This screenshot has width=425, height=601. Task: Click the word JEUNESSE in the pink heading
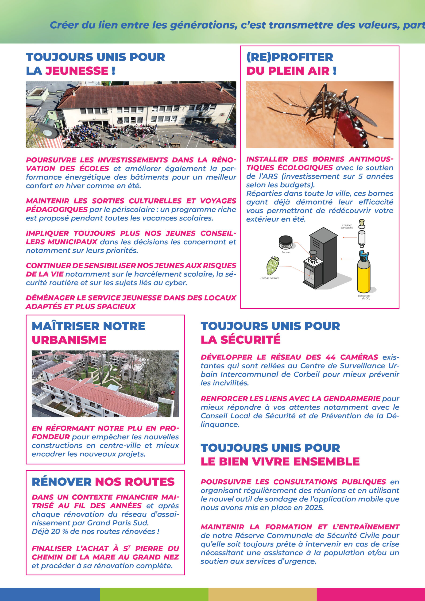tap(77, 71)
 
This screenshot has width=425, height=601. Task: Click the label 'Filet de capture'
tap(270, 278)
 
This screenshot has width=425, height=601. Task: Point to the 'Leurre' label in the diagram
tap(286, 252)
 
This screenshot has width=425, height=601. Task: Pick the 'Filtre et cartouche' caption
tap(347, 226)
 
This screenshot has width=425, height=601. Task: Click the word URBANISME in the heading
tap(69, 340)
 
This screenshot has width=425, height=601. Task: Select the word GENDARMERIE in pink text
tap(352, 399)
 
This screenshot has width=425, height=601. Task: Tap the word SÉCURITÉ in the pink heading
tap(250, 340)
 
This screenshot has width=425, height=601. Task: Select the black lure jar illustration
tap(286, 242)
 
